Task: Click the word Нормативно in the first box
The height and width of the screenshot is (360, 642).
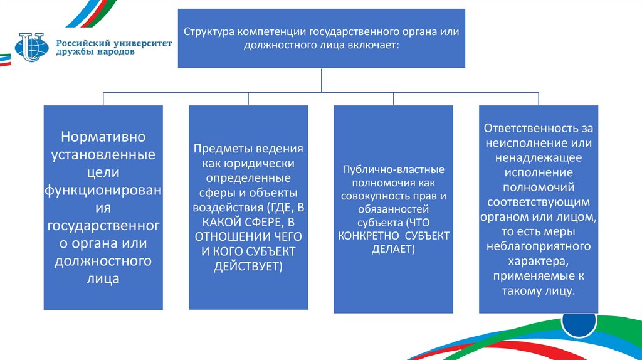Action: point(103,136)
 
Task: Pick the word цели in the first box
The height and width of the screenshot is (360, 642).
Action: point(103,172)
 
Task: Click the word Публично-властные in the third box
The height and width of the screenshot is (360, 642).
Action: point(394,170)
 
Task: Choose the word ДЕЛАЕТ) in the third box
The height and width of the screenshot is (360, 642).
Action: point(394,249)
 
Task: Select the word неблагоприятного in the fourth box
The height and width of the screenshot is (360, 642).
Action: point(539,246)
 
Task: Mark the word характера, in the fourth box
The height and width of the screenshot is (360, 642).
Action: point(539,261)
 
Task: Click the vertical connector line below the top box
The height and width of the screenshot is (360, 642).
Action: point(321,80)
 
